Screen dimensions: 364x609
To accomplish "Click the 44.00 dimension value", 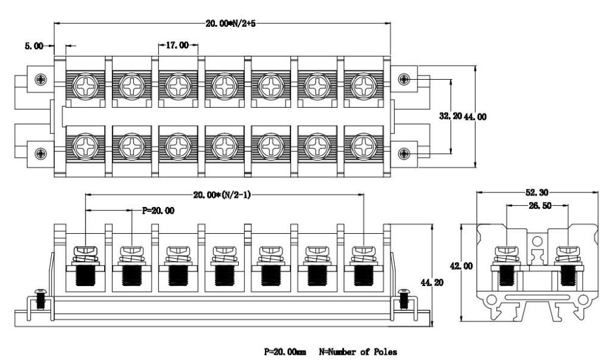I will [476, 116].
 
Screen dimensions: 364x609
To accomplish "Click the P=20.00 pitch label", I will [158, 211].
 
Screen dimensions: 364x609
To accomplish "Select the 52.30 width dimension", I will [538, 192].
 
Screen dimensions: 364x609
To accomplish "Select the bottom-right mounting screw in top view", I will [403, 152].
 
